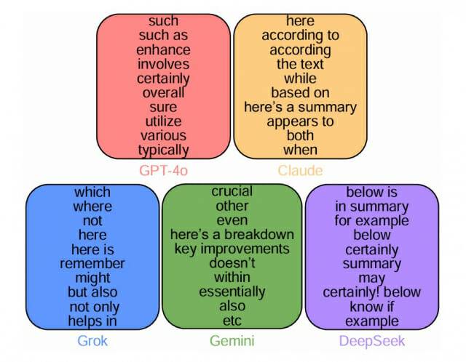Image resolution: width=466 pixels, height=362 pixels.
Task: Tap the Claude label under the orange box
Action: [x=301, y=172]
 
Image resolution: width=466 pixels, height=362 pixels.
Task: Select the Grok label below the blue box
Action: [x=92, y=340]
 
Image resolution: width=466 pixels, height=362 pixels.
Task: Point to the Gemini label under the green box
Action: [x=232, y=340]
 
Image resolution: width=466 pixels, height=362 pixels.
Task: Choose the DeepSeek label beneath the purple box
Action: [x=372, y=340]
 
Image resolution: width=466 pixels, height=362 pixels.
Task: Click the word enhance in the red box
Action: [x=163, y=50]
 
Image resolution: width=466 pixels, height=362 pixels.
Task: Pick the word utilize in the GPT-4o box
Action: [x=163, y=121]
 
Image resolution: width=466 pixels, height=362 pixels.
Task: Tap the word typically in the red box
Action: [x=163, y=150]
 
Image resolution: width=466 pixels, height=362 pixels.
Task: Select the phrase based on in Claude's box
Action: [x=301, y=92]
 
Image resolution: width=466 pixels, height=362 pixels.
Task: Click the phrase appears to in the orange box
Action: [x=301, y=121]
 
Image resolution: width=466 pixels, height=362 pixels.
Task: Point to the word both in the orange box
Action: [x=301, y=135]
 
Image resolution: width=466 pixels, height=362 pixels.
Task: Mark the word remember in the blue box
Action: [x=92, y=263]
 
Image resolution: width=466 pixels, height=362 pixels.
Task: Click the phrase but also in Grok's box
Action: [x=92, y=292]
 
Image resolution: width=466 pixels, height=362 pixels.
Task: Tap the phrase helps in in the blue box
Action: [x=92, y=321]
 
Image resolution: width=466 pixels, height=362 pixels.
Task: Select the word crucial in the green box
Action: [x=232, y=192]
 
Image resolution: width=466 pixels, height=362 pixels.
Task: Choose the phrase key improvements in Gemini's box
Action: [x=232, y=249]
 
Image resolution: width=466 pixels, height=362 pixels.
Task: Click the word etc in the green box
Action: [x=232, y=320]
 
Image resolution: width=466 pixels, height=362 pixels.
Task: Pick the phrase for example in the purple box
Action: [x=372, y=221]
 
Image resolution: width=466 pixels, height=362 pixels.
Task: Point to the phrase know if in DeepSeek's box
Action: [x=372, y=307]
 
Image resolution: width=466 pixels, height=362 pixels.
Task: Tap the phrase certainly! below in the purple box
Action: [x=372, y=292]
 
